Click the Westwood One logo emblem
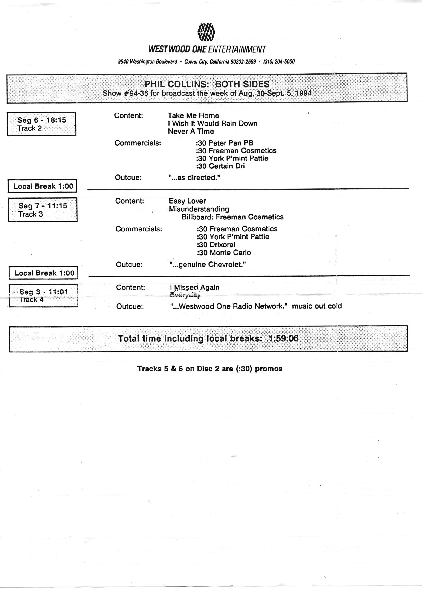click(206, 32)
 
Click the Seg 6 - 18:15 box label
click(42, 120)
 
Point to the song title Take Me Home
click(193, 115)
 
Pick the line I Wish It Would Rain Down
click(212, 123)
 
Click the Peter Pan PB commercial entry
click(225, 143)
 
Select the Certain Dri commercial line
click(220, 166)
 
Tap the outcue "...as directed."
click(194, 178)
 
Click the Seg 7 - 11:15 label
click(43, 206)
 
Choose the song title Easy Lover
click(187, 201)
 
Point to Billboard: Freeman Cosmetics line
click(232, 217)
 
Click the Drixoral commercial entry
click(216, 245)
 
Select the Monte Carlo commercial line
click(224, 252)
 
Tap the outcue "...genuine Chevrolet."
click(208, 264)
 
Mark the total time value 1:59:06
click(283, 338)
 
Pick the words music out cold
click(317, 306)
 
